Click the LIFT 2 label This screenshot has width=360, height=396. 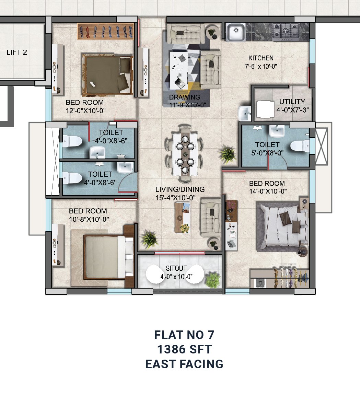click(x=17, y=53)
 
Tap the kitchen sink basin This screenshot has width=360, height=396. click(x=236, y=32)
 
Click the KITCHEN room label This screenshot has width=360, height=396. click(x=261, y=58)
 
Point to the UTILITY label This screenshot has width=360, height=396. click(x=292, y=102)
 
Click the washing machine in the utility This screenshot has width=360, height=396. click(x=265, y=109)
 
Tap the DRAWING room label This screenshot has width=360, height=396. click(x=185, y=97)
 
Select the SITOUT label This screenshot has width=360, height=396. click(x=176, y=268)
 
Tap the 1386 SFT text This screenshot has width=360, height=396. click(x=184, y=350)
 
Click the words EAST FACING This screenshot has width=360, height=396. click(x=184, y=364)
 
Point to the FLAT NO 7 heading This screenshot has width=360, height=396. click(x=184, y=335)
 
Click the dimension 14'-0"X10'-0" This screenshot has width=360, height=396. click(x=268, y=191)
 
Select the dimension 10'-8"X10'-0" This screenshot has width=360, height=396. click(x=89, y=219)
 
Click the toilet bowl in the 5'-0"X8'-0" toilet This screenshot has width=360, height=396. click(x=300, y=146)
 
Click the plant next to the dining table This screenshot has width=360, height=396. click(x=228, y=154)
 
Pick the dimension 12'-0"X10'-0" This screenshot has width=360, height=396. click(x=86, y=110)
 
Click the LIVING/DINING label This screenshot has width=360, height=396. click(x=180, y=189)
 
